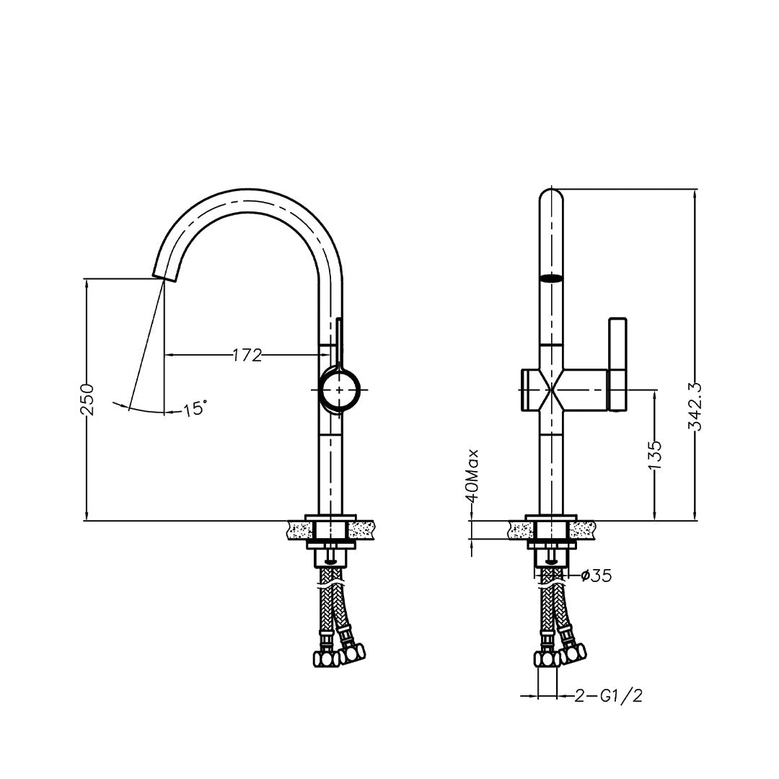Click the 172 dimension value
point(247,355)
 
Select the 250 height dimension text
point(87,399)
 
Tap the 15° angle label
point(194,409)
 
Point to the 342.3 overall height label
point(694,406)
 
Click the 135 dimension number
point(655,455)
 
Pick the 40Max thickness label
point(472,476)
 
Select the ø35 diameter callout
point(597,576)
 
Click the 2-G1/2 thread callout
point(609,696)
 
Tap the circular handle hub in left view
point(339,390)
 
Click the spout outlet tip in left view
point(164,276)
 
